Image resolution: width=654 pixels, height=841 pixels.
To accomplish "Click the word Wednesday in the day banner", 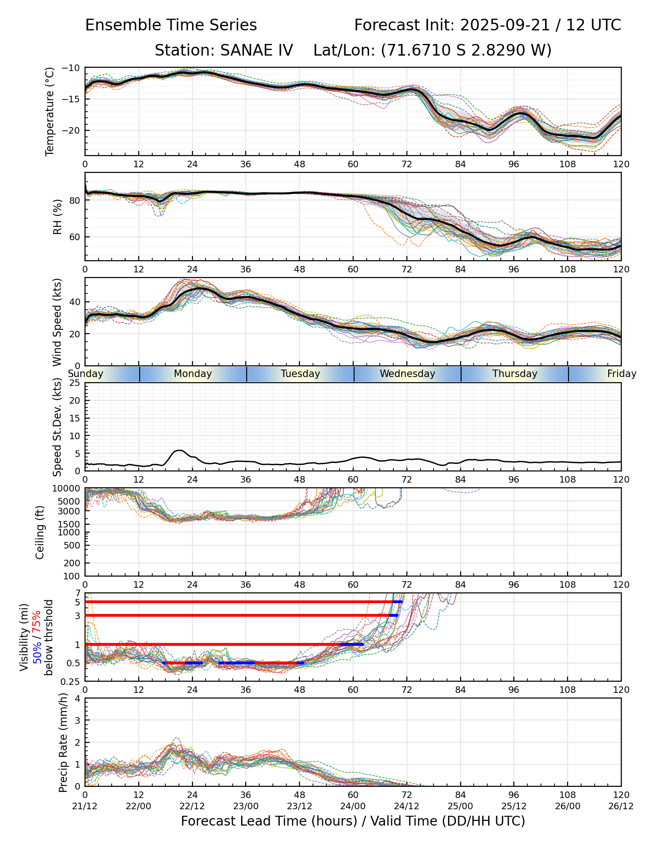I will click(x=407, y=374).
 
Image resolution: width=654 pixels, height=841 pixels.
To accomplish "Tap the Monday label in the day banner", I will click(x=192, y=374).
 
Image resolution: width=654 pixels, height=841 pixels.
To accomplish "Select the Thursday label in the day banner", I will click(x=514, y=374).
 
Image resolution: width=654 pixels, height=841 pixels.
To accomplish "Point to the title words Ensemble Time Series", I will click(x=171, y=25).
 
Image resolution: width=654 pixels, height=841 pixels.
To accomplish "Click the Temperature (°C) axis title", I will click(x=50, y=111).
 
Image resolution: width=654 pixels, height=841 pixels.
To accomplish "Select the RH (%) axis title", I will click(x=57, y=217).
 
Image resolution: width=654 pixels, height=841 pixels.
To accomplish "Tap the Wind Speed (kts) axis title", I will click(x=57, y=322).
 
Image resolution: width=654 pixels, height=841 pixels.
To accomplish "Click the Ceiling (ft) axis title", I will click(x=40, y=532).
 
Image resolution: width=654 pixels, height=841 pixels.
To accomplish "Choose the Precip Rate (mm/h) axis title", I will click(x=63, y=742).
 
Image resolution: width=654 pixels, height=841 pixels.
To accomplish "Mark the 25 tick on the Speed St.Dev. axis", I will click(x=75, y=383).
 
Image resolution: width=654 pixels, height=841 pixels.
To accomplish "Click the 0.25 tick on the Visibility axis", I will click(x=71, y=681).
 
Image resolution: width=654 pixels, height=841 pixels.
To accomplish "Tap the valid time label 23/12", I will click(x=299, y=806).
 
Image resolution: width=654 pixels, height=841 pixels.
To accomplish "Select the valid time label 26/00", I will click(x=568, y=806).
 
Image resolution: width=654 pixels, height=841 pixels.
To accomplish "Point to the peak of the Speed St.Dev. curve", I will click(x=179, y=450).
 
